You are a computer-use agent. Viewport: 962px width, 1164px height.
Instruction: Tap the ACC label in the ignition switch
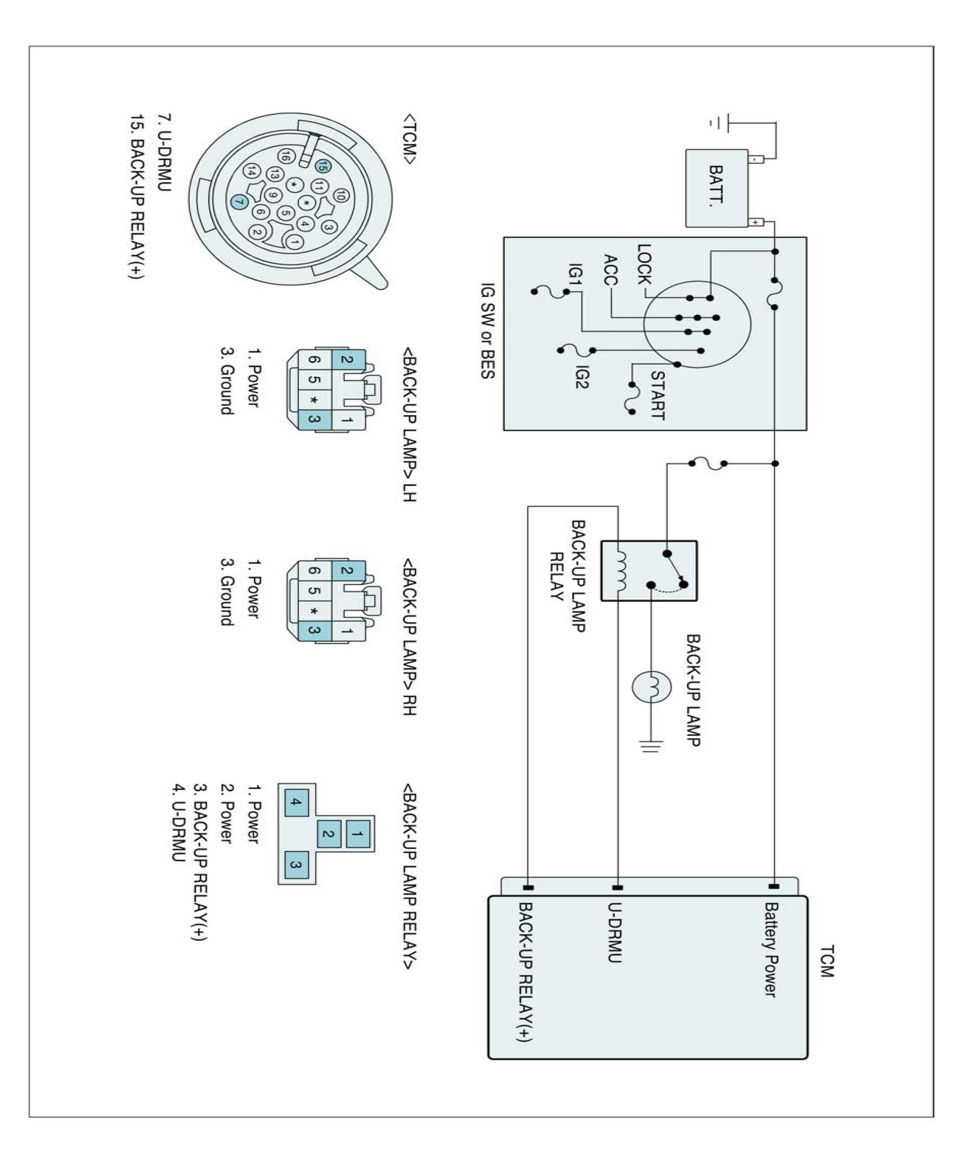(x=611, y=270)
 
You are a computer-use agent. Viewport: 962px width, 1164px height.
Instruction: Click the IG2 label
(x=581, y=376)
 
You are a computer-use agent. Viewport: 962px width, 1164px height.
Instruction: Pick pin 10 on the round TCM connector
(x=341, y=195)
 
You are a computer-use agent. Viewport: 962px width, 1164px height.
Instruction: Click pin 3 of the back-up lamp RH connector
(x=314, y=630)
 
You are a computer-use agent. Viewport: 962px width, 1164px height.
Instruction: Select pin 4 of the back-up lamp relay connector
(x=296, y=802)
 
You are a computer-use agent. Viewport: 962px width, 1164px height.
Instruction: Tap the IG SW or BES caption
(x=487, y=331)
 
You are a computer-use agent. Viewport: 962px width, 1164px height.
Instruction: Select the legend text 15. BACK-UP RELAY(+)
(x=136, y=197)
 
